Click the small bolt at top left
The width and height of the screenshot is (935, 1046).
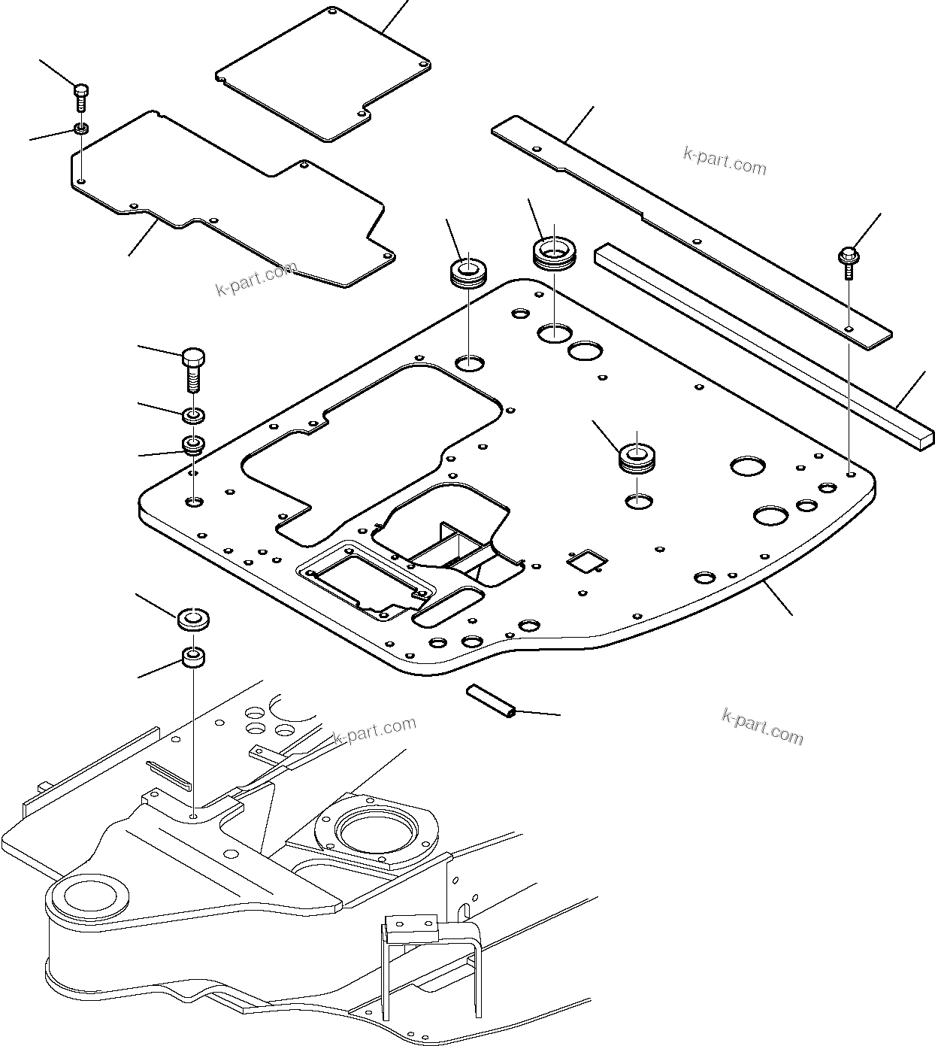[80, 97]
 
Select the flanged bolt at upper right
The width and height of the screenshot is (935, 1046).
[847, 259]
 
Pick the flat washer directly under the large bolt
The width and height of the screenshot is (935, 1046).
[194, 414]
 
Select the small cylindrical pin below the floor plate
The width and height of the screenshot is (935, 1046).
[489, 699]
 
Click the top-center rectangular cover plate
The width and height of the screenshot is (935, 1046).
[323, 75]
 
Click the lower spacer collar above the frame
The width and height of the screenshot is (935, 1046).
[193, 659]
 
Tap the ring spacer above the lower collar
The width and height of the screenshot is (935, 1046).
[193, 620]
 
